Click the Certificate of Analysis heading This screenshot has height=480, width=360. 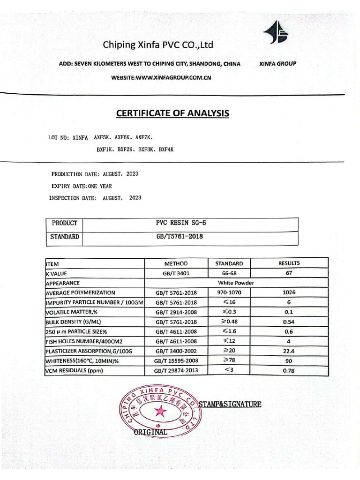[172, 113]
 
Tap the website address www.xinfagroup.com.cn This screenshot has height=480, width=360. [161, 78]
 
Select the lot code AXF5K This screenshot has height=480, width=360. [102, 138]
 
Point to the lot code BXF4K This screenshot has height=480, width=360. [166, 149]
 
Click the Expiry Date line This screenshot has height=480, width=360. [82, 186]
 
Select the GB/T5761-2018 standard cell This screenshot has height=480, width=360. [180, 237]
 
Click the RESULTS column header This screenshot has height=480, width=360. [289, 263]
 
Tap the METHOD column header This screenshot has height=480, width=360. [176, 264]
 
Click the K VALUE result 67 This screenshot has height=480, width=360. [289, 273]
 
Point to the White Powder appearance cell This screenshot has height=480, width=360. [236, 283]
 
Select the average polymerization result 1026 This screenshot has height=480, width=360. [289, 292]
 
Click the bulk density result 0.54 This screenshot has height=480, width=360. [289, 322]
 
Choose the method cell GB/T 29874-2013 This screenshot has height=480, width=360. [176, 371]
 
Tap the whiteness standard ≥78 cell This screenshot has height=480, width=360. [228, 360]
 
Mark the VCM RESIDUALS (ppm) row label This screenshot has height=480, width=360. [74, 371]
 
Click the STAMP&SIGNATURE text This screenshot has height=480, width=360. [230, 404]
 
